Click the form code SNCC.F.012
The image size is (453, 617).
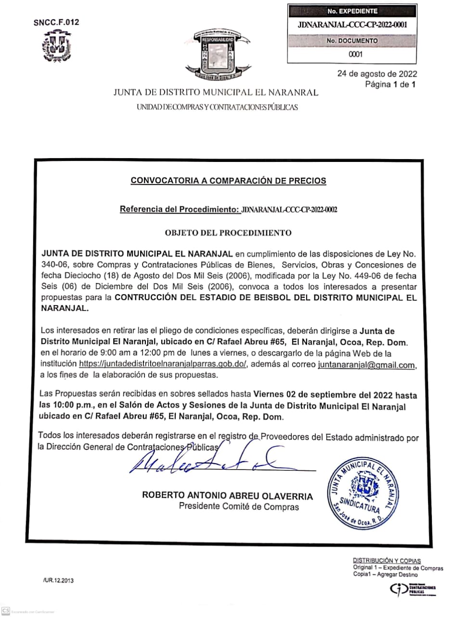click(56, 22)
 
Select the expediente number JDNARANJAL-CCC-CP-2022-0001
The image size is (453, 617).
click(352, 25)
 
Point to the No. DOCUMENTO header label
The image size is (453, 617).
click(352, 41)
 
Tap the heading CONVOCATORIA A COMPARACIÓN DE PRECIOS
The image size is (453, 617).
click(228, 181)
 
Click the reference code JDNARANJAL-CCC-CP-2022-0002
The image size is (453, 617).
click(289, 209)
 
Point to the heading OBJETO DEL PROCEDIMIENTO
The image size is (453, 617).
click(228, 233)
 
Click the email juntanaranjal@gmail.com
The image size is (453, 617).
click(366, 365)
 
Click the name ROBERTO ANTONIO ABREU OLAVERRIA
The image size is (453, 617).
click(227, 496)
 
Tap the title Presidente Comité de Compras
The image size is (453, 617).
click(239, 507)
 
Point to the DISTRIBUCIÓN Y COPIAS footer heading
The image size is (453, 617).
click(387, 561)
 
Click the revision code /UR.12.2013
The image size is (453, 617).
click(58, 580)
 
